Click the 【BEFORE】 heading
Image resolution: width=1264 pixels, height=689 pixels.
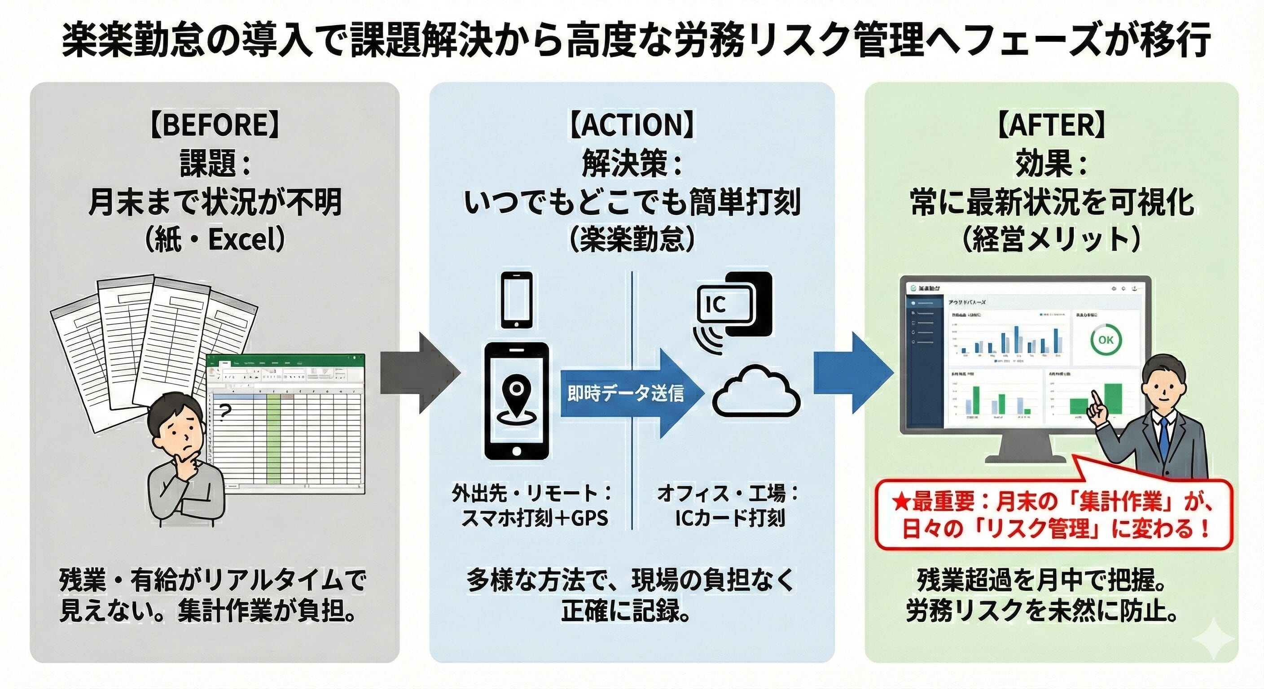pyautogui.click(x=215, y=125)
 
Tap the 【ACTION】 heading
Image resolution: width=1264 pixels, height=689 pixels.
pyautogui.click(x=632, y=125)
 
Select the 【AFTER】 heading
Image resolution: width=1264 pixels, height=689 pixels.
pyautogui.click(x=1051, y=125)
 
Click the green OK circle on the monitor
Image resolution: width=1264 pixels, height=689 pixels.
pyautogui.click(x=1105, y=340)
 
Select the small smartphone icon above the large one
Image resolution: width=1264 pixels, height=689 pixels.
pyautogui.click(x=516, y=299)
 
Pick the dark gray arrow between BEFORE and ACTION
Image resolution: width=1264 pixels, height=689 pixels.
pyautogui.click(x=420, y=373)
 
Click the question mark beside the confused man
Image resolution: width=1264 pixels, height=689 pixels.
pyautogui.click(x=225, y=412)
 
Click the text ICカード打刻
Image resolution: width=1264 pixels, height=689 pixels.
pyautogui.click(x=730, y=518)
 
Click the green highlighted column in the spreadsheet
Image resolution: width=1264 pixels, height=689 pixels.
pyautogui.click(x=274, y=432)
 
